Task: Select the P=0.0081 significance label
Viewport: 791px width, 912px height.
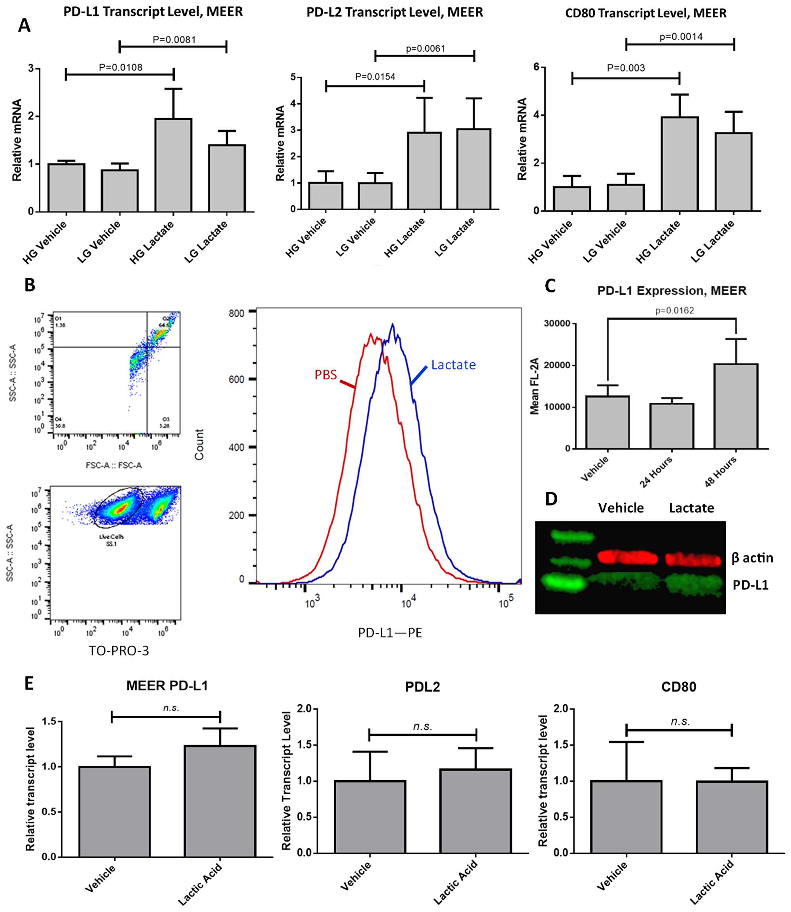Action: click(174, 40)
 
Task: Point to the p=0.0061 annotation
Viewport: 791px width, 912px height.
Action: click(425, 49)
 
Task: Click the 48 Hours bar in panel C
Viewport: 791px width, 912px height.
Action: click(736, 406)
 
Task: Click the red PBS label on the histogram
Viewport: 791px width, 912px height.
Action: click(325, 375)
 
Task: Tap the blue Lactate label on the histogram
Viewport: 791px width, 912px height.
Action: click(453, 365)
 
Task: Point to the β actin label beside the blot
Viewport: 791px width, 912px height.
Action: click(752, 558)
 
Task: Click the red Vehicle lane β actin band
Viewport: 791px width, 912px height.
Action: click(627, 557)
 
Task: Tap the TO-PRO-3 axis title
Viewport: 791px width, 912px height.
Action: click(119, 650)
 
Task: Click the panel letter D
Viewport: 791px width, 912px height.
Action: click(551, 499)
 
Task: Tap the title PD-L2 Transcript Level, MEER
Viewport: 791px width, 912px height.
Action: click(395, 12)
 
